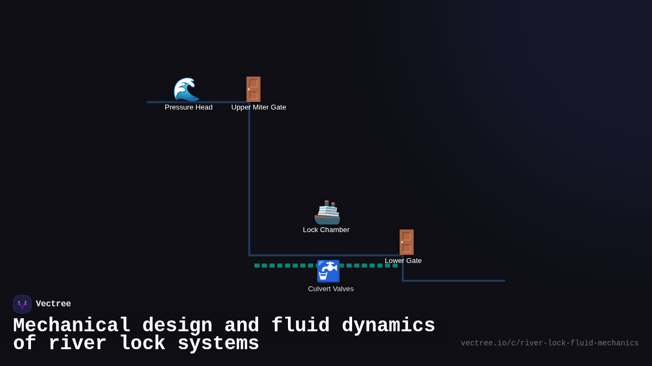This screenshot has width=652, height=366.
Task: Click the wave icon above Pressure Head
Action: pyautogui.click(x=186, y=89)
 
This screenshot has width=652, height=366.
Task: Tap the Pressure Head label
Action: pyautogui.click(x=189, y=107)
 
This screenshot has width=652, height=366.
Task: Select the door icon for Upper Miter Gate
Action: pyautogui.click(x=253, y=89)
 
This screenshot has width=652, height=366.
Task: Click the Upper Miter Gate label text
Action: pyautogui.click(x=259, y=107)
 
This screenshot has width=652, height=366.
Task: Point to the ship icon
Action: pyautogui.click(x=327, y=212)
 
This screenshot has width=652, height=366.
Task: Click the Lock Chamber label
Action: pyautogui.click(x=326, y=230)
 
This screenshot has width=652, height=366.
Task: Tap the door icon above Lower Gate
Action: pyautogui.click(x=406, y=242)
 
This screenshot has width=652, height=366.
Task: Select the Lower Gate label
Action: pyautogui.click(x=403, y=261)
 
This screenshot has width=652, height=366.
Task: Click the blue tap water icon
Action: pyautogui.click(x=328, y=271)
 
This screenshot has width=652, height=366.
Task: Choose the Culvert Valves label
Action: pyautogui.click(x=331, y=289)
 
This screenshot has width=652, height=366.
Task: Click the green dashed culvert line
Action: pyautogui.click(x=283, y=266)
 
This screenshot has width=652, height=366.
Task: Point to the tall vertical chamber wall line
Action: pyautogui.click(x=249, y=179)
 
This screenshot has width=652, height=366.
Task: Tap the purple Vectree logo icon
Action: pyautogui.click(x=22, y=304)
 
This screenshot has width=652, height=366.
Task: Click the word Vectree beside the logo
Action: pyautogui.click(x=53, y=304)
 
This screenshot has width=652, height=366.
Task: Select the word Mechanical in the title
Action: pyautogui.click(x=72, y=326)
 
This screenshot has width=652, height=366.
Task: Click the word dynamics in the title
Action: pyautogui.click(x=388, y=326)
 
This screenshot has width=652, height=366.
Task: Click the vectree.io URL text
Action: pyautogui.click(x=549, y=343)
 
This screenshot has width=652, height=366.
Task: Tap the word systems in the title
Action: pyautogui.click(x=218, y=344)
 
